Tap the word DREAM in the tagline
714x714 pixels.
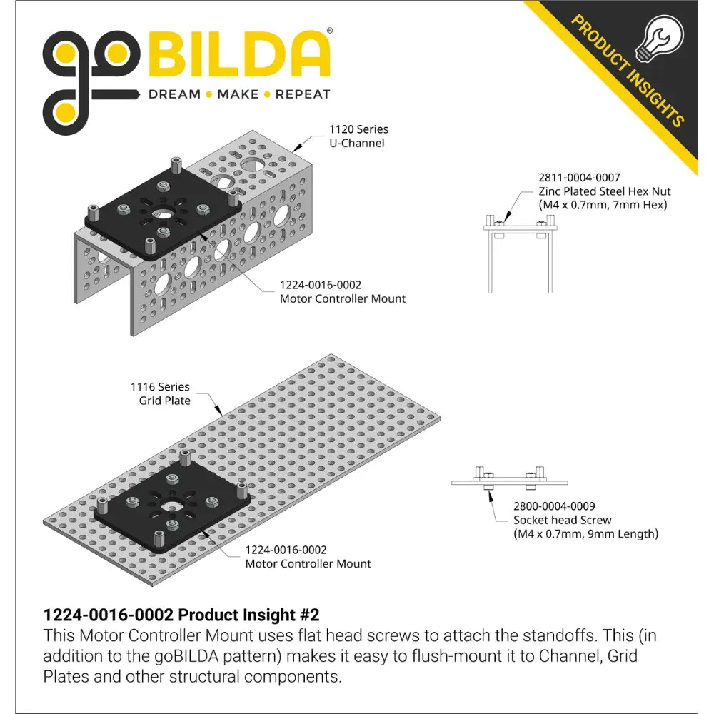click(x=174, y=94)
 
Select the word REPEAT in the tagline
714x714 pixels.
click(x=303, y=94)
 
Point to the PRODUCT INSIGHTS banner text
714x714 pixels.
click(x=628, y=71)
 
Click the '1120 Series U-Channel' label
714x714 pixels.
click(x=358, y=136)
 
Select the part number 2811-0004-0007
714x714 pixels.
click(x=579, y=178)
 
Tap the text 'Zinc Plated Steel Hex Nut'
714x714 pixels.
click(x=605, y=191)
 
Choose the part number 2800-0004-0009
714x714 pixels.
click(x=554, y=506)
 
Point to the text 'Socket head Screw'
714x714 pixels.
click(x=562, y=520)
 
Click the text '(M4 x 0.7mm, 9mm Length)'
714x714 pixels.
click(x=585, y=533)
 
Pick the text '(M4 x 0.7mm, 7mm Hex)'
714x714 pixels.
click(x=603, y=205)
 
